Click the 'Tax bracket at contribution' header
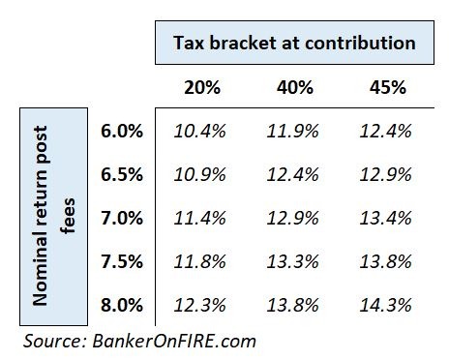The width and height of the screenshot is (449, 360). tap(294, 44)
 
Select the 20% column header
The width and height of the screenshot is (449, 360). tap(202, 87)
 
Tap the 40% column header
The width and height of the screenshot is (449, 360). tap(295, 87)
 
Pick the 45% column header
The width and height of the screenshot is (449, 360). tap(386, 87)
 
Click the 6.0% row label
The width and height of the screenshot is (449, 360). tap(122, 130)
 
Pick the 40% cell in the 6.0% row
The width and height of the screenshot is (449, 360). tap(295, 130)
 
